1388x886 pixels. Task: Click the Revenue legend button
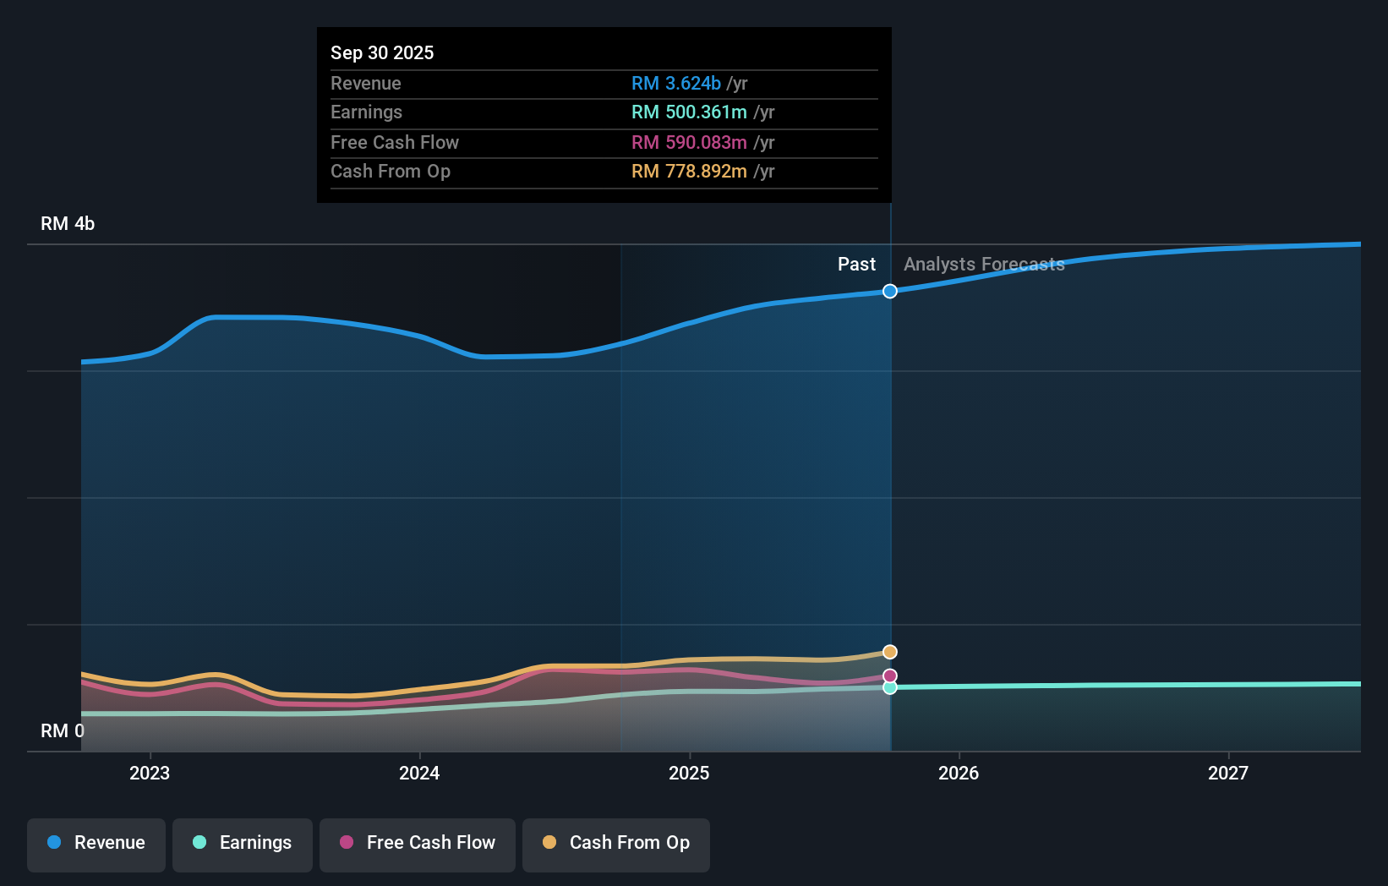tap(96, 844)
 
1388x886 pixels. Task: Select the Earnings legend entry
tap(243, 844)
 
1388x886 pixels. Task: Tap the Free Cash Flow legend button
tap(418, 844)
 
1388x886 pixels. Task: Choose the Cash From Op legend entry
tap(616, 844)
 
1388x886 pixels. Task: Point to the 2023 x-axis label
tap(150, 773)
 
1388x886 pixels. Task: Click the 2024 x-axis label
tap(419, 773)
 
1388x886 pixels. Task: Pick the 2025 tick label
tap(689, 773)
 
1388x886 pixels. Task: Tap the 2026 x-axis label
tap(959, 773)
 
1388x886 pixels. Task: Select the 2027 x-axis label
tap(1227, 773)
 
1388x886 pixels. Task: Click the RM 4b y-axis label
tap(68, 224)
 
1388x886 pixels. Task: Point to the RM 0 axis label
tap(63, 730)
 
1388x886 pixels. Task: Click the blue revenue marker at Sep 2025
tap(890, 291)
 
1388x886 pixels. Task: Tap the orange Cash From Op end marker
tap(890, 652)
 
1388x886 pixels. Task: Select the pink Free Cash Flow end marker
tap(890, 675)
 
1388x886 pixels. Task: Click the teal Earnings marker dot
tap(890, 687)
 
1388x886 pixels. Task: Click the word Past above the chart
tap(856, 265)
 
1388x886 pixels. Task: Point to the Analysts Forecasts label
tap(984, 265)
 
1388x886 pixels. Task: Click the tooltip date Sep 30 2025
tap(382, 52)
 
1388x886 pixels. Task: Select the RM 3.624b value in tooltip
tap(676, 84)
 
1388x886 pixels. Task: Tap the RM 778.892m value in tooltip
tap(689, 172)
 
